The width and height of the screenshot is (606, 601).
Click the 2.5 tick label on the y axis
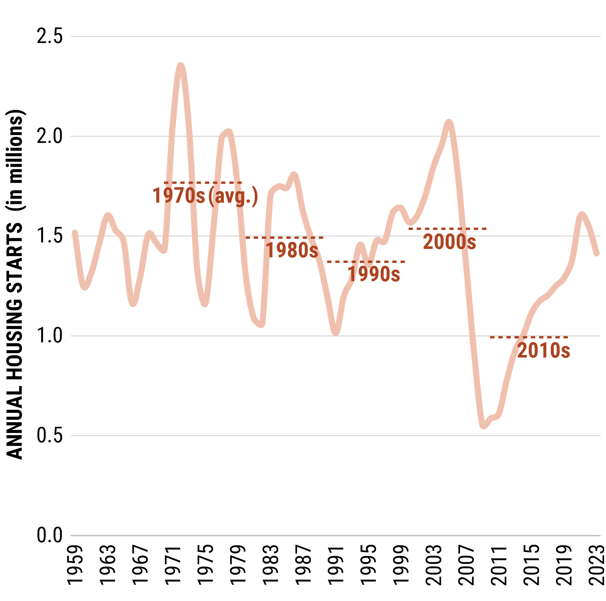(x=49, y=36)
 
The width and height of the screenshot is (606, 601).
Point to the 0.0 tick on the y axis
(x=49, y=535)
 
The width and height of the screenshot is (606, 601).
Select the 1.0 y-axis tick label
(x=49, y=336)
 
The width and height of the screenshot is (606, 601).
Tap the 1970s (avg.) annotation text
(x=205, y=196)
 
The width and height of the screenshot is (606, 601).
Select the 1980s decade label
(x=292, y=250)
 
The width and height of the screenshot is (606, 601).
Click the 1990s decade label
(x=374, y=274)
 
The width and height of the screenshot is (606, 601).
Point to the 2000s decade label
(x=449, y=242)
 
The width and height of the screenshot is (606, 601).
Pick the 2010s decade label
(x=544, y=350)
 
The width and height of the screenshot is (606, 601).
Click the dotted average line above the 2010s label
(x=529, y=337)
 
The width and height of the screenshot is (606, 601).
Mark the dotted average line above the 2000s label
(x=448, y=229)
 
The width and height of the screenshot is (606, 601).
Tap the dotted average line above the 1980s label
(x=285, y=238)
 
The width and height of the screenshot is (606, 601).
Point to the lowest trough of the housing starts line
(x=483, y=426)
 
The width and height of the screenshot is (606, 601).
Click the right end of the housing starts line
(x=597, y=254)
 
